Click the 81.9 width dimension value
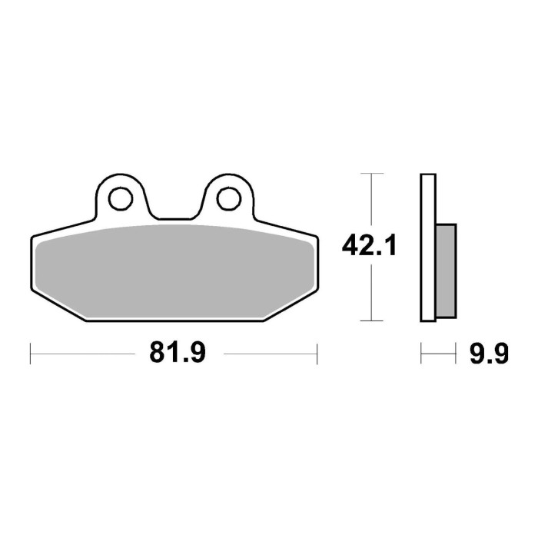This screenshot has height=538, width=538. [174, 354]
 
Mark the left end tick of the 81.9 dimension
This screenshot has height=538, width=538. [30, 354]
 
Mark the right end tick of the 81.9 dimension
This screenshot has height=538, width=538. [317, 354]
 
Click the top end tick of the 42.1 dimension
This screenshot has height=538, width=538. [372, 174]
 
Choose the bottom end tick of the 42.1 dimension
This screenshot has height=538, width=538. [372, 320]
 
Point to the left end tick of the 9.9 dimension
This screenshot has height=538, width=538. [421, 354]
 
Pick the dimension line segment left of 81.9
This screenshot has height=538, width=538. [85, 354]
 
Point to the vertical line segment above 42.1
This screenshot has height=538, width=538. [372, 204]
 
